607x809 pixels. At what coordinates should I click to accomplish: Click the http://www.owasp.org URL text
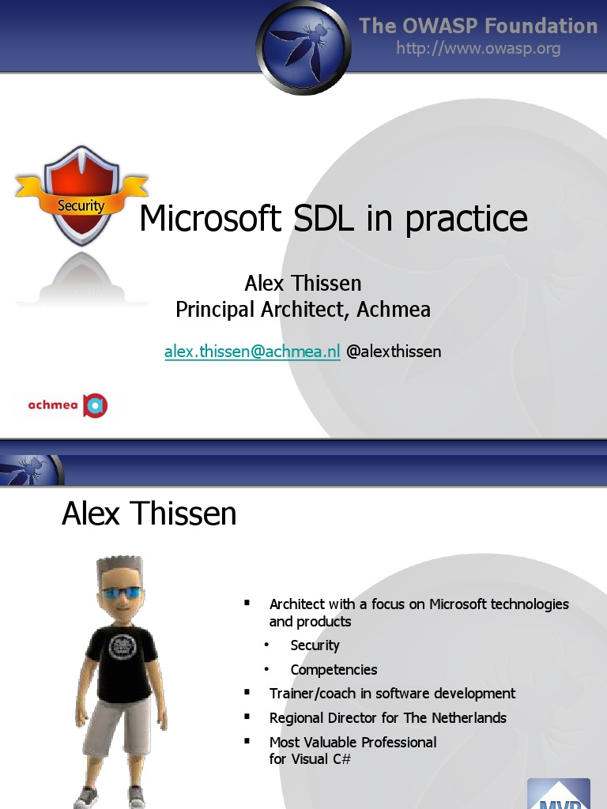click(x=478, y=48)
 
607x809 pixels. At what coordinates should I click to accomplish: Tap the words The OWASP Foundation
click(x=478, y=25)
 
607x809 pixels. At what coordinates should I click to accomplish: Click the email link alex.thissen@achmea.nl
click(x=252, y=352)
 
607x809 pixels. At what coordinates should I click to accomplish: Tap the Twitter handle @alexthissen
click(x=394, y=352)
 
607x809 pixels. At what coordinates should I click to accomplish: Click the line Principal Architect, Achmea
click(x=303, y=309)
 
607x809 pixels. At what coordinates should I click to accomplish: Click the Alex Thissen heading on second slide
click(x=149, y=514)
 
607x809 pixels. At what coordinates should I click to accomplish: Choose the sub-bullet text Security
click(x=315, y=645)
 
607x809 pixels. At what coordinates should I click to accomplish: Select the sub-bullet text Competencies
click(x=334, y=670)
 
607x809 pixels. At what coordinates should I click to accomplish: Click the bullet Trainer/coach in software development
click(x=392, y=694)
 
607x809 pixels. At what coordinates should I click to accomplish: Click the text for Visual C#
click(x=310, y=759)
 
